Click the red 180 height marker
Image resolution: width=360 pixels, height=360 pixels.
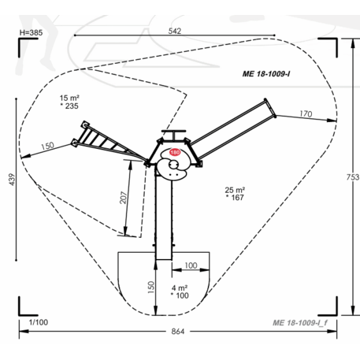[x=175, y=152]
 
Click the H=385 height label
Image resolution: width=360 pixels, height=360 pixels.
[x=31, y=33]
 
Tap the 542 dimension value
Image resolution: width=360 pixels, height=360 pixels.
[x=175, y=31]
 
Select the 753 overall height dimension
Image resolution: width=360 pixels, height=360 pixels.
[x=353, y=177]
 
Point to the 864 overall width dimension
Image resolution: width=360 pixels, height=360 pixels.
[x=178, y=332]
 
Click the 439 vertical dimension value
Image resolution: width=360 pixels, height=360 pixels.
[x=13, y=180]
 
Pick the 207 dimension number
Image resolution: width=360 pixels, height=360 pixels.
[x=123, y=198]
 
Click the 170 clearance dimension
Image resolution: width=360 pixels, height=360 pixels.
[x=306, y=113]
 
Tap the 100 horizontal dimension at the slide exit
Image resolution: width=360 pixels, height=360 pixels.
[x=191, y=265]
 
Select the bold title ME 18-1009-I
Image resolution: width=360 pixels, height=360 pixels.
[x=266, y=74]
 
